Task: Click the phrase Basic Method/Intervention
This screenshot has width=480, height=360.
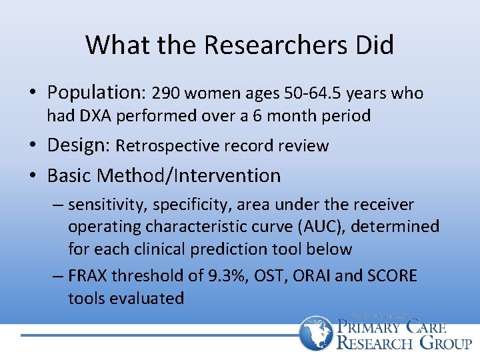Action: coord(164,176)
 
